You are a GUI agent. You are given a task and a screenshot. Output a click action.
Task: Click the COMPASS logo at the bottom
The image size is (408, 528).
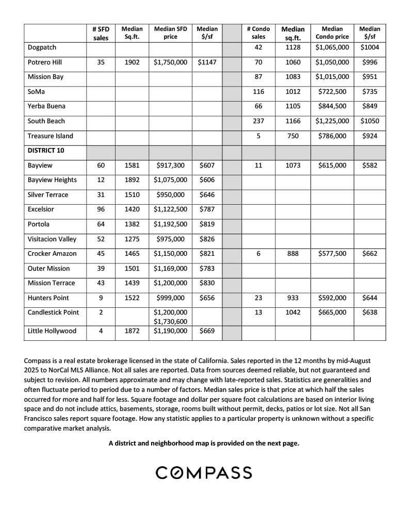tap(204, 472)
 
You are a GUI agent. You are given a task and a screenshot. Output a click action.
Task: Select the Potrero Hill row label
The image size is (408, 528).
tap(45, 62)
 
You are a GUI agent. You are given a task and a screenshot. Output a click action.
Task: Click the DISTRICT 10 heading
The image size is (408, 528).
tap(45, 151)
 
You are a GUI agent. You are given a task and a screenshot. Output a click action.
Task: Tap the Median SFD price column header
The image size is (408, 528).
tap(170, 33)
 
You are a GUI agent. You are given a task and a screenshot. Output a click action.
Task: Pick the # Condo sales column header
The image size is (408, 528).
tap(258, 33)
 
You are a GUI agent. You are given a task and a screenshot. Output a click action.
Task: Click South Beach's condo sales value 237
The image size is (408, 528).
tap(258, 121)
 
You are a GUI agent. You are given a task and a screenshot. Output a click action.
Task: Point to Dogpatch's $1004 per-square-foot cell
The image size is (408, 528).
tap(369, 47)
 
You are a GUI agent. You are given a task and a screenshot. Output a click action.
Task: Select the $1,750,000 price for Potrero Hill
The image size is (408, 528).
tap(170, 62)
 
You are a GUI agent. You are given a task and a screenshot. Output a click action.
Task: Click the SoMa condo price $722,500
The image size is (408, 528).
tap(332, 92)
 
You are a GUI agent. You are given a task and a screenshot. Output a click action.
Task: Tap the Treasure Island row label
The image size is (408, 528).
tap(51, 136)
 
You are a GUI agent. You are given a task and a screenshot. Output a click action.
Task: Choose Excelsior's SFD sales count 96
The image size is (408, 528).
tap(101, 209)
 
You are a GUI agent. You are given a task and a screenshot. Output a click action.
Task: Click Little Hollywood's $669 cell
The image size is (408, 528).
tap(207, 331)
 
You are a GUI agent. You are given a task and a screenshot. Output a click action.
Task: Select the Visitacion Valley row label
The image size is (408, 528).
tap(52, 239)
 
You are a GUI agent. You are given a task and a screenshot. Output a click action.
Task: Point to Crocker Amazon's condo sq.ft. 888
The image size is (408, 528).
tap(292, 254)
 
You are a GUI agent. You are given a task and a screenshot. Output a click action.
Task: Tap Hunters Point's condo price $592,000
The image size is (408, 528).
tap(332, 298)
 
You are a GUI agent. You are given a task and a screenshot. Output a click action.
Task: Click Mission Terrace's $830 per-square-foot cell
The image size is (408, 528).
tap(207, 283)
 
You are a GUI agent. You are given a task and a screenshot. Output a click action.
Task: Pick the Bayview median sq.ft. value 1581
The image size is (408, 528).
tap(132, 166)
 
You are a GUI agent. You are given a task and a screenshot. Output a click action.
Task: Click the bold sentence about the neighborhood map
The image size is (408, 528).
tap(204, 443)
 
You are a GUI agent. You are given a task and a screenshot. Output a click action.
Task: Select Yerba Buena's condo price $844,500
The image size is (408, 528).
tap(332, 106)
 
